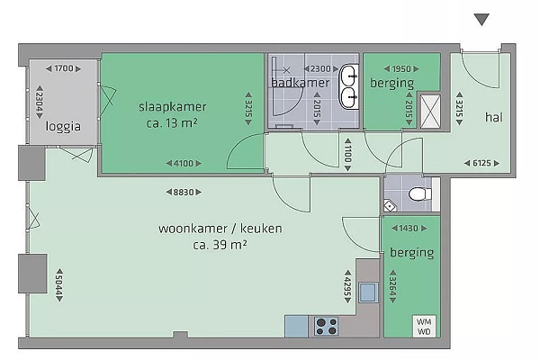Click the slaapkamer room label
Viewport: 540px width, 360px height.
[x=173, y=107]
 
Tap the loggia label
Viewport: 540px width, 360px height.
[x=63, y=126]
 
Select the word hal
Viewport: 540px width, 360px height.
[x=494, y=117]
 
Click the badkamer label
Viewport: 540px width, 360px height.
[x=301, y=83]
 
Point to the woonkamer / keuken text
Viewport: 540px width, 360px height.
[x=220, y=229]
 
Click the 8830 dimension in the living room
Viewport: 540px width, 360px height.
[x=184, y=192]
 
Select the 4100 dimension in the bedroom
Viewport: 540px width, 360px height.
[x=184, y=163]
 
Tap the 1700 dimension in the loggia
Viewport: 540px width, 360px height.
[x=64, y=68]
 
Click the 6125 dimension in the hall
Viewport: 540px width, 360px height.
[x=481, y=163]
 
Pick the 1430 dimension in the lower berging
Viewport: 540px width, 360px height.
[x=409, y=228]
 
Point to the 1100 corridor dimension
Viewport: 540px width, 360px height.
[x=347, y=155]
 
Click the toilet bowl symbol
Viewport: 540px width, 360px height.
[x=419, y=194]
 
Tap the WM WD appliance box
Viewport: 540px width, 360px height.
[x=424, y=326]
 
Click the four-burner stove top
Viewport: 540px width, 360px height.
[x=326, y=327]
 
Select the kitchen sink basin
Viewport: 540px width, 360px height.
[x=368, y=292]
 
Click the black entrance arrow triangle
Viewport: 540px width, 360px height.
[x=481, y=19]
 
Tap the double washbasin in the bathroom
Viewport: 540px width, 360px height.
[x=349, y=86]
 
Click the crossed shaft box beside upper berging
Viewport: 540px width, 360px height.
[x=430, y=112]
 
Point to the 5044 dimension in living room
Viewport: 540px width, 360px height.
[x=59, y=285]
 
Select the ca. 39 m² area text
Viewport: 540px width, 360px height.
[x=220, y=245]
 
